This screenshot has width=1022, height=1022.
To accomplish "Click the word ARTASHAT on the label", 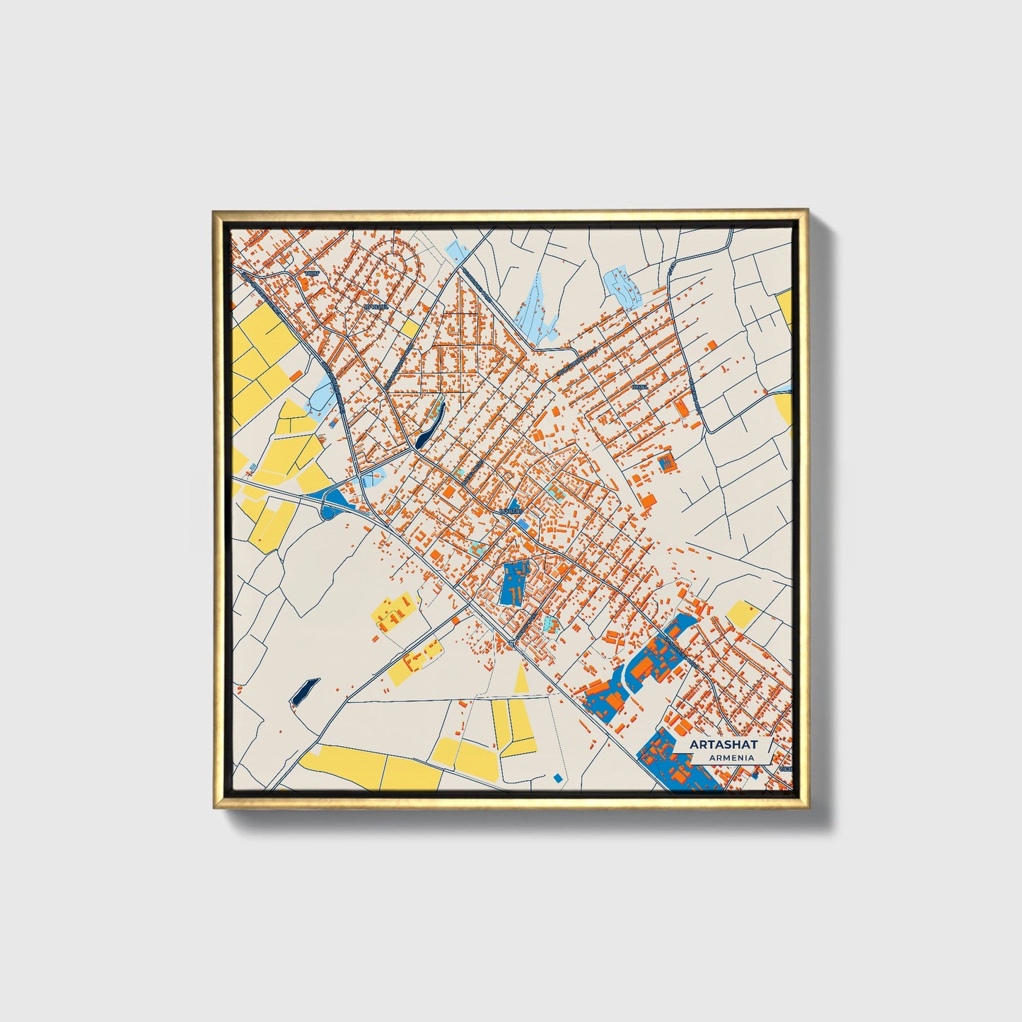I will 724,745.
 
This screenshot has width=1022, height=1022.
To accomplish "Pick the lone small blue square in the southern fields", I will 558,778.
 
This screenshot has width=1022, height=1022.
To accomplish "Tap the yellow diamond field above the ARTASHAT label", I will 743,614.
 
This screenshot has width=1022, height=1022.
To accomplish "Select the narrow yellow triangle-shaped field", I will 522,680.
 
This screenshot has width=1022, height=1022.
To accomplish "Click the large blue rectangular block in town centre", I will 515,583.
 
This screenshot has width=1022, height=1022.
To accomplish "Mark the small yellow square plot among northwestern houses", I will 410,329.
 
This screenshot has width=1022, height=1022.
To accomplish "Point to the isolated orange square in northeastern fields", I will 711,344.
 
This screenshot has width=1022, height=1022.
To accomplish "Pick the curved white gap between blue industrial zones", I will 627,679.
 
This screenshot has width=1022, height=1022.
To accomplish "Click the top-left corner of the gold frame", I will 214,211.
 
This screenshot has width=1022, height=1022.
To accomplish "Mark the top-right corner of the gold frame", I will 808,211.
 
